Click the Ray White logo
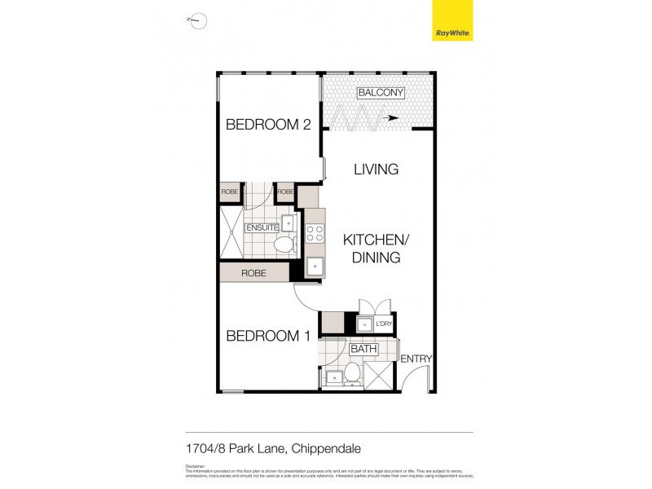(x=452, y=21)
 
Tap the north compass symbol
(x=197, y=21)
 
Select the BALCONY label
(x=381, y=93)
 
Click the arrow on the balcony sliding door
(x=392, y=117)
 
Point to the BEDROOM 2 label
(x=268, y=125)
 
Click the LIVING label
(x=376, y=170)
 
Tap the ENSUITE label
(x=262, y=227)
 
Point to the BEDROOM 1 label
(x=267, y=336)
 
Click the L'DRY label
(x=384, y=324)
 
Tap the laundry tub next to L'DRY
(x=364, y=324)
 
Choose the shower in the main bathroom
(x=379, y=375)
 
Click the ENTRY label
(x=416, y=359)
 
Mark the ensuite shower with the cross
(x=231, y=230)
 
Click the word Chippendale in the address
(x=326, y=448)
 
